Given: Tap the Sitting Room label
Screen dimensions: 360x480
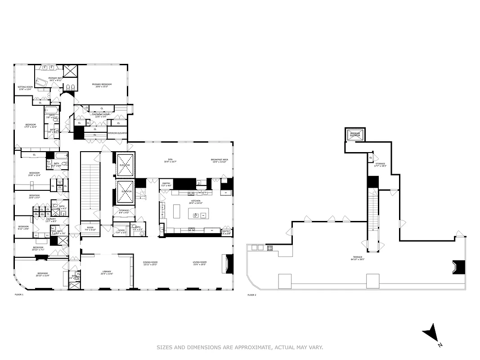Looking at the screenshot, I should (x=25, y=88).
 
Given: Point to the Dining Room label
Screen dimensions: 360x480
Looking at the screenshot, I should (x=151, y=263).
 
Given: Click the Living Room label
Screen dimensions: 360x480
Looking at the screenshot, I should (x=199, y=263).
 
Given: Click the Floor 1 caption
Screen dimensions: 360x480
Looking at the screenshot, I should (x=19, y=295).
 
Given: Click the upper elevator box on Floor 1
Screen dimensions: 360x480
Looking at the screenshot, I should (x=125, y=165).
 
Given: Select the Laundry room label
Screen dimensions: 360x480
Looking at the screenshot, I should (x=51, y=220).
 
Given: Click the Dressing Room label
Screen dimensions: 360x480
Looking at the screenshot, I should (x=101, y=115).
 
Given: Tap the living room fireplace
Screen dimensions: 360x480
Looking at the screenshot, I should (x=229, y=264).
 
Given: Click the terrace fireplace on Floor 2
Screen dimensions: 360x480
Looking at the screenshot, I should (x=458, y=267).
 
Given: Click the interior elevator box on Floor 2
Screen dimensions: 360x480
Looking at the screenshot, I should (x=356, y=135).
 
